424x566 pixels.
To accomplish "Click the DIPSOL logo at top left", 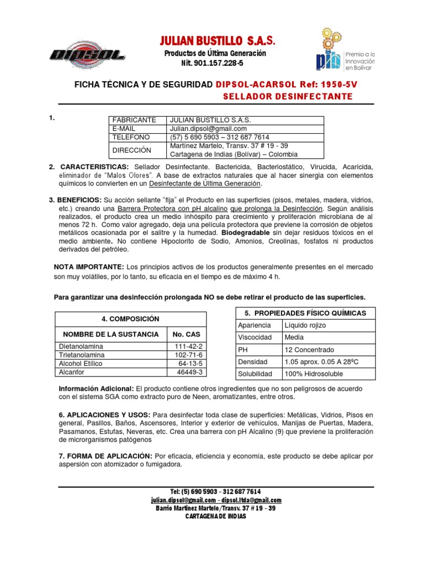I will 87,54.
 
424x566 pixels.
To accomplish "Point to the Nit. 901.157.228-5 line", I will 212,63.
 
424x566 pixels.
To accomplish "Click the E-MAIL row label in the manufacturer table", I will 125,128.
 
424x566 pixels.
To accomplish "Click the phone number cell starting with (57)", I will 220,137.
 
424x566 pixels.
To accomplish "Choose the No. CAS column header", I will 186,334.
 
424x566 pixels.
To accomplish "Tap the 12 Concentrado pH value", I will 310,349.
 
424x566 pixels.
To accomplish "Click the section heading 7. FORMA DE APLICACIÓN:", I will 105,456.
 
